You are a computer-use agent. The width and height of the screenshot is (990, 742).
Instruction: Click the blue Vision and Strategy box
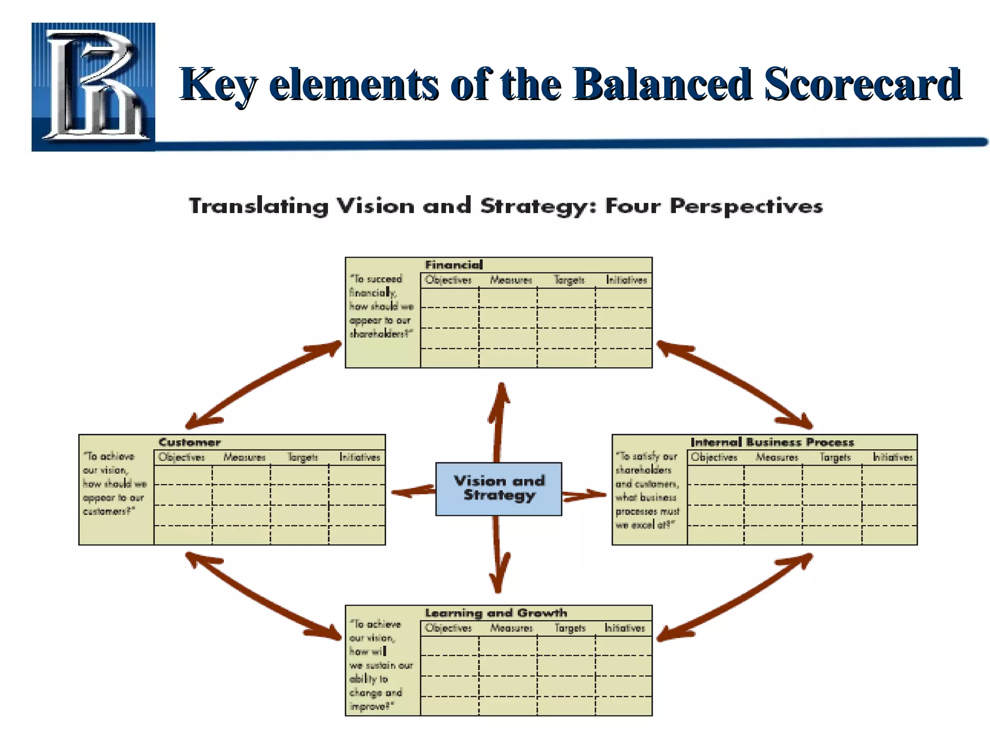[498, 488]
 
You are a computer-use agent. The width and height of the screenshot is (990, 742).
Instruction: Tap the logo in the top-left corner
[93, 87]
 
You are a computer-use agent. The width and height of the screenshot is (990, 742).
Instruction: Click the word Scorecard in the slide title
[863, 85]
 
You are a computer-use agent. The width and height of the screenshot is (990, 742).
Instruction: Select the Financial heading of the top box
[453, 265]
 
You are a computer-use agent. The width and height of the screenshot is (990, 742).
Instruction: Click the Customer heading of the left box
[189, 442]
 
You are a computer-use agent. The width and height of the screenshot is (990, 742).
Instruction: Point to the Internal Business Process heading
[772, 442]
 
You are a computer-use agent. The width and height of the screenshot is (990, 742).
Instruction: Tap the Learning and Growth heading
[496, 613]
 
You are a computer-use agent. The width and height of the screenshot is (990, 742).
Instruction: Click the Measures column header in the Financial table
[510, 280]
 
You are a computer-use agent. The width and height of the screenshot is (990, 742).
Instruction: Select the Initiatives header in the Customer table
[360, 457]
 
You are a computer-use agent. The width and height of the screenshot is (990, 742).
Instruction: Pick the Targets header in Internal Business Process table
[835, 457]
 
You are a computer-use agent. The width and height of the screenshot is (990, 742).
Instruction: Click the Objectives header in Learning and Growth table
[448, 628]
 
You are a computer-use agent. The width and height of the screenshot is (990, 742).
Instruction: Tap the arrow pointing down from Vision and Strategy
[498, 556]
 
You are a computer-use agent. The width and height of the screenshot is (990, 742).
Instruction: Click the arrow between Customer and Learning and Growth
[263, 597]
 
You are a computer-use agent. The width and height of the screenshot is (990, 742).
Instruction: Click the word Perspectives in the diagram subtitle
[746, 206]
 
